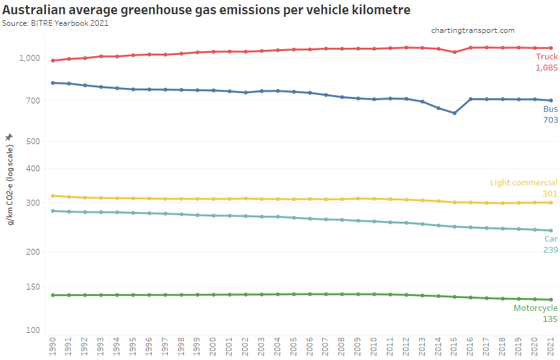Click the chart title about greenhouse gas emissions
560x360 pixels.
tap(207, 10)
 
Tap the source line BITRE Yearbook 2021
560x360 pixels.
tap(56, 23)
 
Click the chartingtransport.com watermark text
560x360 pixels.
tap(473, 30)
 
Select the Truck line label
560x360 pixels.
tap(546, 57)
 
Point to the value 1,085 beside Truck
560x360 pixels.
tap(546, 67)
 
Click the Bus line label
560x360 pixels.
tap(550, 109)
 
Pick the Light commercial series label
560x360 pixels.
tap(523, 183)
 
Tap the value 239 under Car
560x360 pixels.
tap(550, 249)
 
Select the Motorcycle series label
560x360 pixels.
tap(535, 308)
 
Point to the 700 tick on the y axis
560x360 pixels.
tap(34, 101)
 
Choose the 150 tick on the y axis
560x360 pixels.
tap(34, 287)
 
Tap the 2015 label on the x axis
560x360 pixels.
tap(455, 346)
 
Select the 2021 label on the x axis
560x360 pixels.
tap(551, 346)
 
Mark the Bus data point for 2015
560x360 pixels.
tap(455, 113)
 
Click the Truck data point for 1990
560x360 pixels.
tap(53, 61)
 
